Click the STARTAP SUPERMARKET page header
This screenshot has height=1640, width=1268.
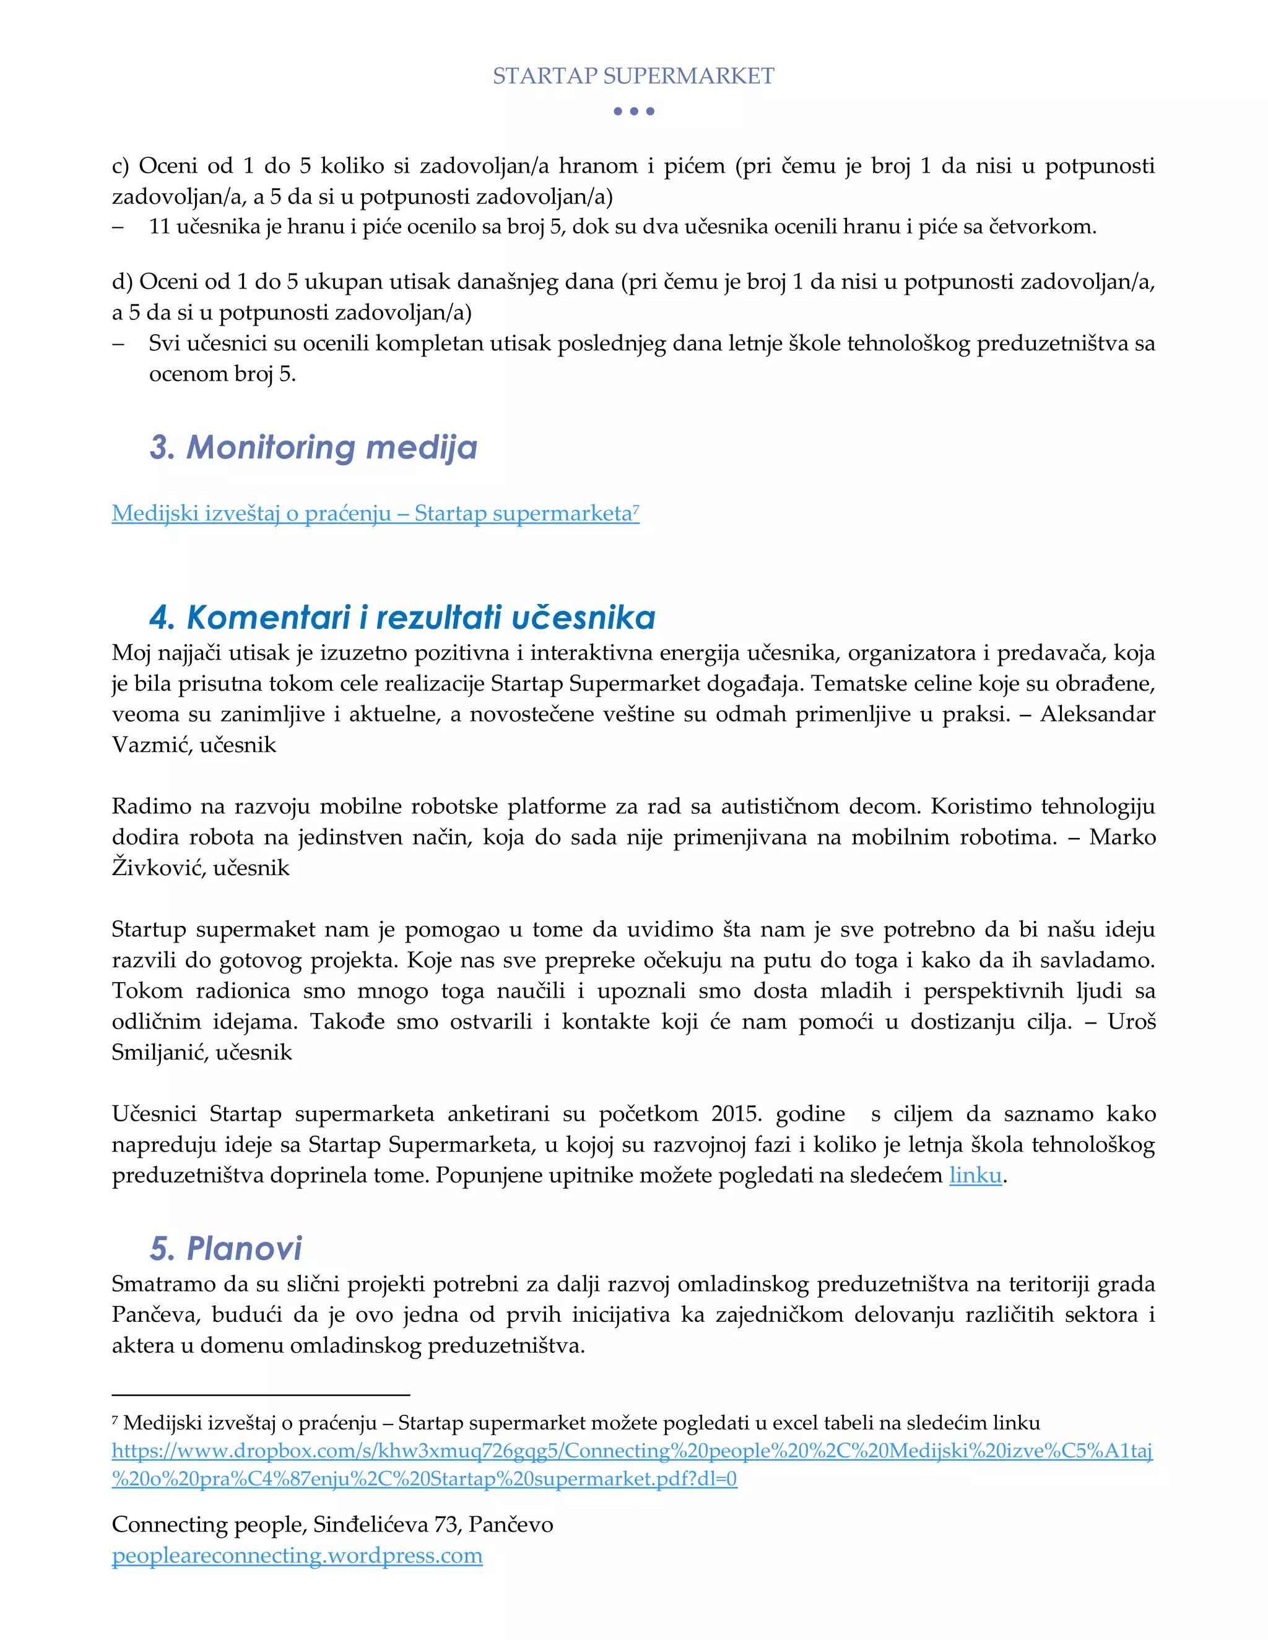click(633, 76)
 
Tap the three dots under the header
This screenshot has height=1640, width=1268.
click(633, 111)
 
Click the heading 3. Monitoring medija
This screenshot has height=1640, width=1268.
click(313, 447)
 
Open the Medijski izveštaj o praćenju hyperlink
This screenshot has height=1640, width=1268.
click(375, 513)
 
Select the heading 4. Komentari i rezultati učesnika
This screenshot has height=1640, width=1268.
click(402, 617)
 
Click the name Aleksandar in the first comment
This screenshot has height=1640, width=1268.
click(1098, 714)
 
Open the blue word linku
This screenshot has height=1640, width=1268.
click(975, 1175)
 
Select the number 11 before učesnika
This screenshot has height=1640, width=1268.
click(159, 227)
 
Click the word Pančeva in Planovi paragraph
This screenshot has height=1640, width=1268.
click(156, 1315)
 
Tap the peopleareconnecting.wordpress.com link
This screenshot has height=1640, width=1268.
click(297, 1555)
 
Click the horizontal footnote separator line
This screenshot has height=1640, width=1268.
click(260, 1394)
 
